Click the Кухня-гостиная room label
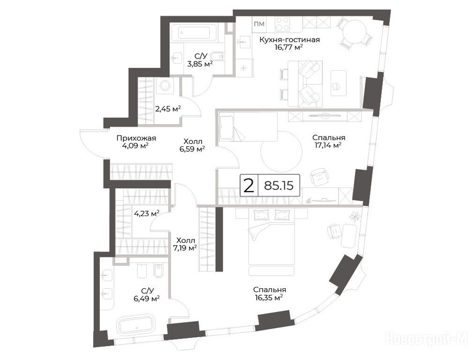[x=289, y=39]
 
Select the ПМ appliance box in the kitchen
[x=259, y=24]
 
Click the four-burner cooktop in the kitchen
[x=282, y=23]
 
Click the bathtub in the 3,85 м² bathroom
[x=193, y=33]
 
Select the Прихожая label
[x=136, y=138]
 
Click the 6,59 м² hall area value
[x=192, y=149]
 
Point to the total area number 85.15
[x=279, y=186]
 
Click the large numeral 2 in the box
[x=249, y=186]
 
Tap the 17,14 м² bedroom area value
[x=328, y=145]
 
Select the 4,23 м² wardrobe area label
[x=147, y=213]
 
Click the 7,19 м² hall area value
[x=185, y=248]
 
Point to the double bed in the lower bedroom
[x=271, y=242]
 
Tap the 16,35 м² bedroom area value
[x=269, y=297]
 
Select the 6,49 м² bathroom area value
[x=147, y=299]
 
